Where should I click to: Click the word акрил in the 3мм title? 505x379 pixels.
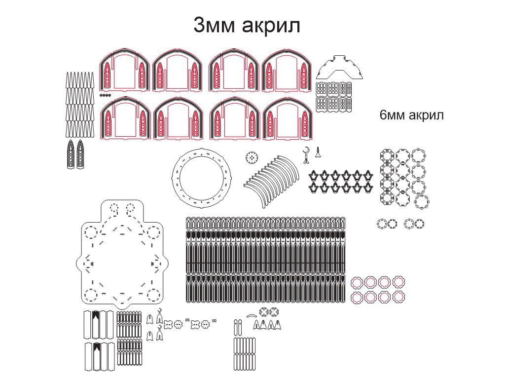coord(271,26)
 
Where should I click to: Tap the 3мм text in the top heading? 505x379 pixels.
coord(214,25)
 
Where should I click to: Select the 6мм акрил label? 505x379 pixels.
coord(411,115)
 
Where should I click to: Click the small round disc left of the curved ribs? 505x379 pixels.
coord(252,158)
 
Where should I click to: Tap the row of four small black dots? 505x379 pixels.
coord(106,95)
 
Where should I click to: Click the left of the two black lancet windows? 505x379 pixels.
coord(71,154)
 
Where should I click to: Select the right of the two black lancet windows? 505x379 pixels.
coord(80,154)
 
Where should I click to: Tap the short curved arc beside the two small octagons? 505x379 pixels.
coord(252,315)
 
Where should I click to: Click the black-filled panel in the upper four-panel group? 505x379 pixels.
coord(95,325)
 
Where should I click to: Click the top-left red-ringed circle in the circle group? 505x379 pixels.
coord(357,283)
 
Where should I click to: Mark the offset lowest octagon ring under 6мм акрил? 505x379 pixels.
coord(422,202)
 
